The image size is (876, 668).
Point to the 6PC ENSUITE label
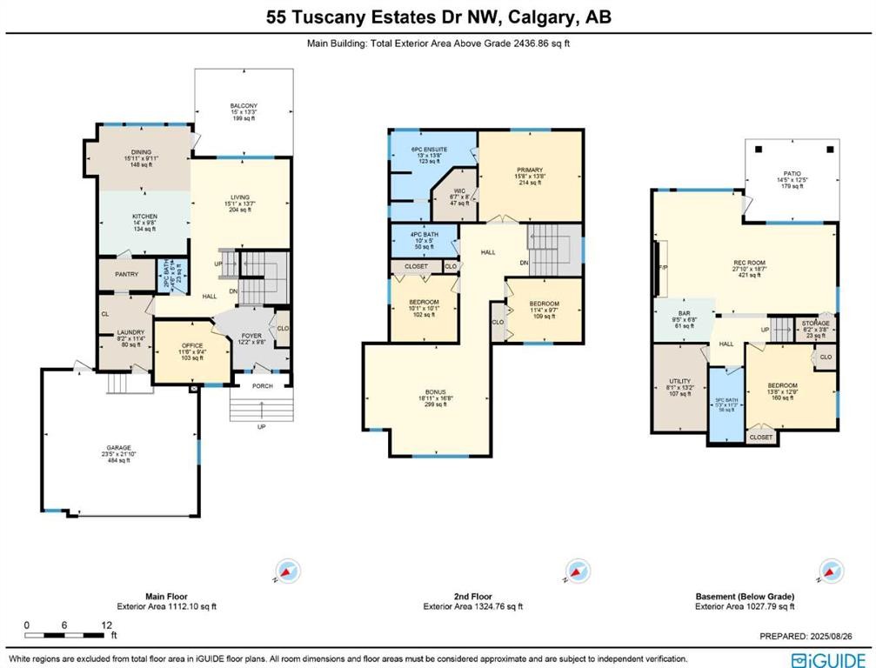coord(429,150)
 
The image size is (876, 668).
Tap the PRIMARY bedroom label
coord(529,170)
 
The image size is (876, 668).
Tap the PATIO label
coord(789,172)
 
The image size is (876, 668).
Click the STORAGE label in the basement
coord(815,323)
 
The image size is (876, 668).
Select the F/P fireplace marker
coord(662,268)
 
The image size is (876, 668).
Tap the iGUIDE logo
coord(827,658)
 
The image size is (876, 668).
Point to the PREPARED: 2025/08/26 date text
coord(813,636)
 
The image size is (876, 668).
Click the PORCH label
coord(262,387)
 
